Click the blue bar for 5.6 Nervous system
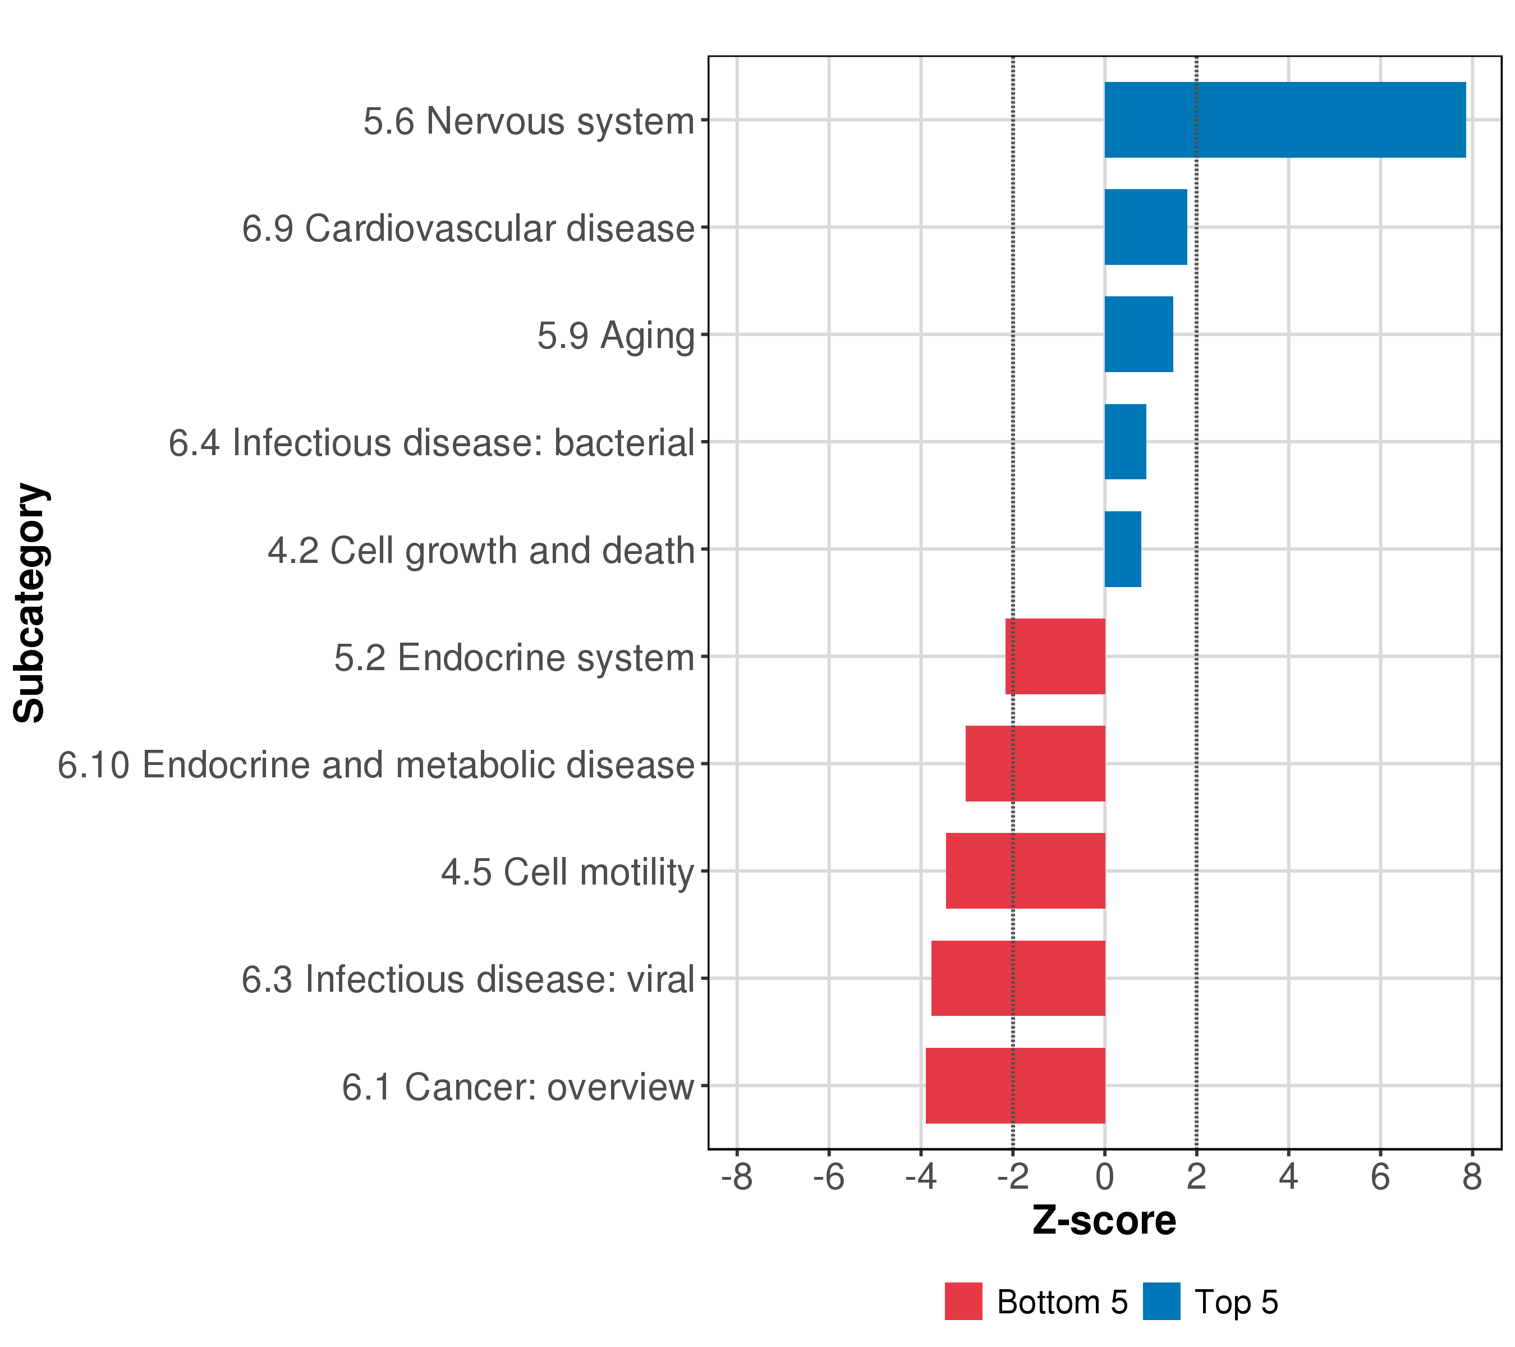1284,120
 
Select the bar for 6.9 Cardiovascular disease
1145,227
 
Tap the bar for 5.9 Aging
1138,335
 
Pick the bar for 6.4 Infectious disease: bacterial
1125,442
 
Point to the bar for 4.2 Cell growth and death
1122,549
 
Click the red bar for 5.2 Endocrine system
1055,656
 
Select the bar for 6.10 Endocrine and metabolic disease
1035,763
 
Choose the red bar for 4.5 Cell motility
1025,871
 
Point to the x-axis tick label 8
1472,1178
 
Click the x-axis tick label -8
737,1178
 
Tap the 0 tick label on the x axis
1104,1178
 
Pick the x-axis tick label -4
921,1178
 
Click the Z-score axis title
1104,1222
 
